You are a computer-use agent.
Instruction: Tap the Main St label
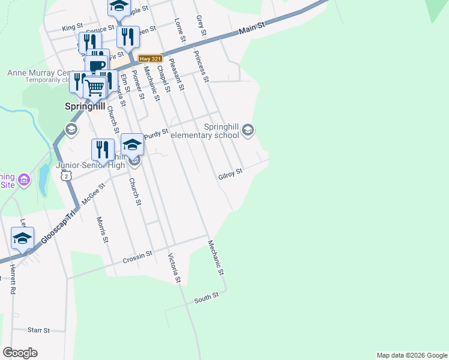point(252,28)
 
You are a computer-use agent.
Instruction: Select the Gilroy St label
point(230,172)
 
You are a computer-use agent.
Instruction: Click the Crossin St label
point(137,257)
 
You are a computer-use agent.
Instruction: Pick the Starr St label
point(38,330)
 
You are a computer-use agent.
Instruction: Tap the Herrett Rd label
point(12,279)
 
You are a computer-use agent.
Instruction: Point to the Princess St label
point(201,65)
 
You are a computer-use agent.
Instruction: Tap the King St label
point(71,28)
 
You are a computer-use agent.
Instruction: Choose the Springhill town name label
point(85,106)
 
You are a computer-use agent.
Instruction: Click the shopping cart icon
point(95,87)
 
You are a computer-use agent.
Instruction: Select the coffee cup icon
point(97,65)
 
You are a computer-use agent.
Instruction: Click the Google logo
point(20,353)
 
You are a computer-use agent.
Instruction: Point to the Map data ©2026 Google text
point(412,355)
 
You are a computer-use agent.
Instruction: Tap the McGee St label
point(93,194)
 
